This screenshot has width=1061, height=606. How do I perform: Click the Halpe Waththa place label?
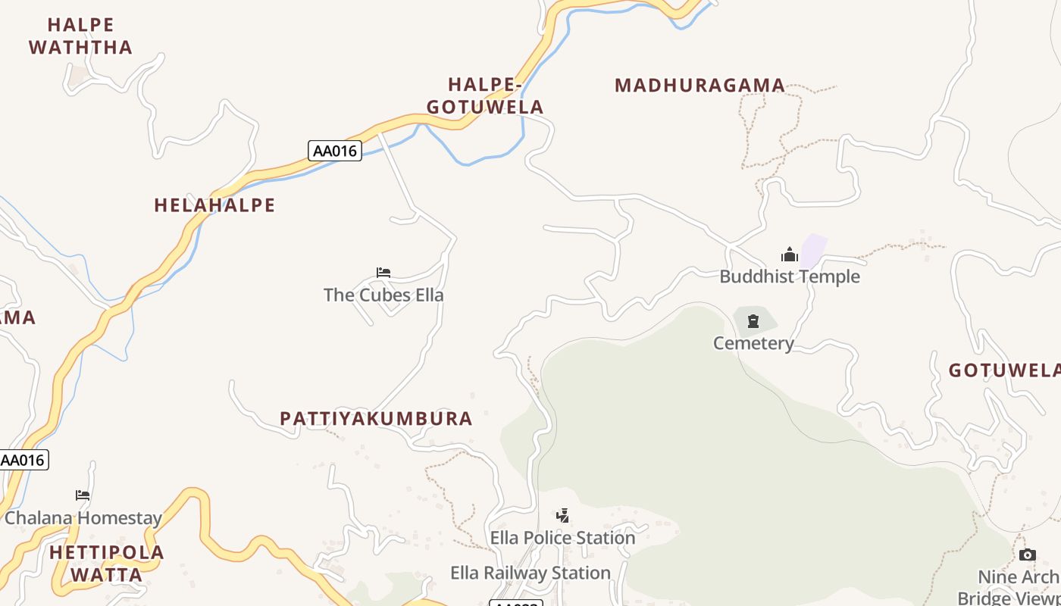80,36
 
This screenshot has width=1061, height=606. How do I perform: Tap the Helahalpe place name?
214,205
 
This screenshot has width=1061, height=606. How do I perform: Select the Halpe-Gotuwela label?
485,95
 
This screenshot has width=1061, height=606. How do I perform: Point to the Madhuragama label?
700,85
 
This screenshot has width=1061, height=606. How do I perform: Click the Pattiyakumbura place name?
376,418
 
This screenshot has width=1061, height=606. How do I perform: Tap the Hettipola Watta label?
107,563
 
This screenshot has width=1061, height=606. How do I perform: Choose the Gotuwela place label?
1004,370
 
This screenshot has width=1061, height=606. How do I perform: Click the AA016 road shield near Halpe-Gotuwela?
335,151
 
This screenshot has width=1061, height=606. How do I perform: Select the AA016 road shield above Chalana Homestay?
23,460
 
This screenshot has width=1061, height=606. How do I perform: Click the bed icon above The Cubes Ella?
383,273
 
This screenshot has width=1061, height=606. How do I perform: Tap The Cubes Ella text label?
383,295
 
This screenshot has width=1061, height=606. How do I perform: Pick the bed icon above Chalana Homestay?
83,495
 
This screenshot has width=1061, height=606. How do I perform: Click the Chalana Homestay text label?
83,518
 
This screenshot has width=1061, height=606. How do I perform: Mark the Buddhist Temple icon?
790,255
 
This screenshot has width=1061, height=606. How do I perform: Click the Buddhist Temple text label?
790,276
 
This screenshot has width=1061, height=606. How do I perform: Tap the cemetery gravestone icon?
753,322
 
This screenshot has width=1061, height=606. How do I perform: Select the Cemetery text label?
753,343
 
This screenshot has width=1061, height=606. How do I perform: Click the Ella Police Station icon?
562,516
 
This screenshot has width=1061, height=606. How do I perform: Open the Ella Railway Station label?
530,573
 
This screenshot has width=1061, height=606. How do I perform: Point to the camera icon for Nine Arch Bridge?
1028,555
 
